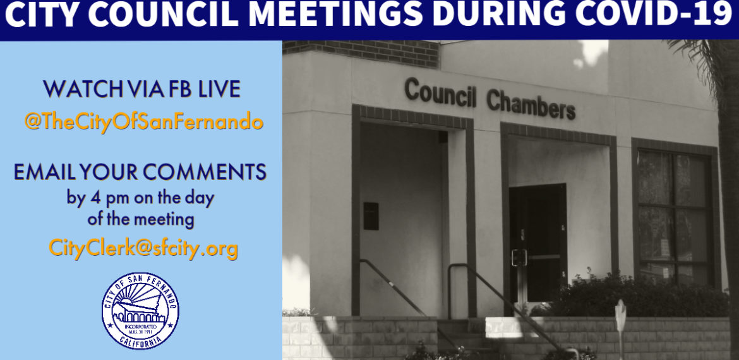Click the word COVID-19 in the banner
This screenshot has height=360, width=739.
653,15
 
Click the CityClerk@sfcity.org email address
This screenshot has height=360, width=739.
143,248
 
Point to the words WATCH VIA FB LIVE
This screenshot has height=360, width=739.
142,89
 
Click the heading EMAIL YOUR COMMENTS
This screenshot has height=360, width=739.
140,172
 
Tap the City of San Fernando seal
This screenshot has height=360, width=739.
140,311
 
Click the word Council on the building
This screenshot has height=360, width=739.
440,92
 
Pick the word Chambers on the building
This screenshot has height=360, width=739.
531,104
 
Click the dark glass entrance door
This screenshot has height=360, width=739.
538,243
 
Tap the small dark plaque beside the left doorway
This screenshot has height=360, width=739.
371,216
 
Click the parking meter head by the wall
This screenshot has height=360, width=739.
621,315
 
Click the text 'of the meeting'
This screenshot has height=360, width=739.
141,220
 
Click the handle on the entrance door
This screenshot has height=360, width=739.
519,258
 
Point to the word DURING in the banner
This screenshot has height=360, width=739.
498,15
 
